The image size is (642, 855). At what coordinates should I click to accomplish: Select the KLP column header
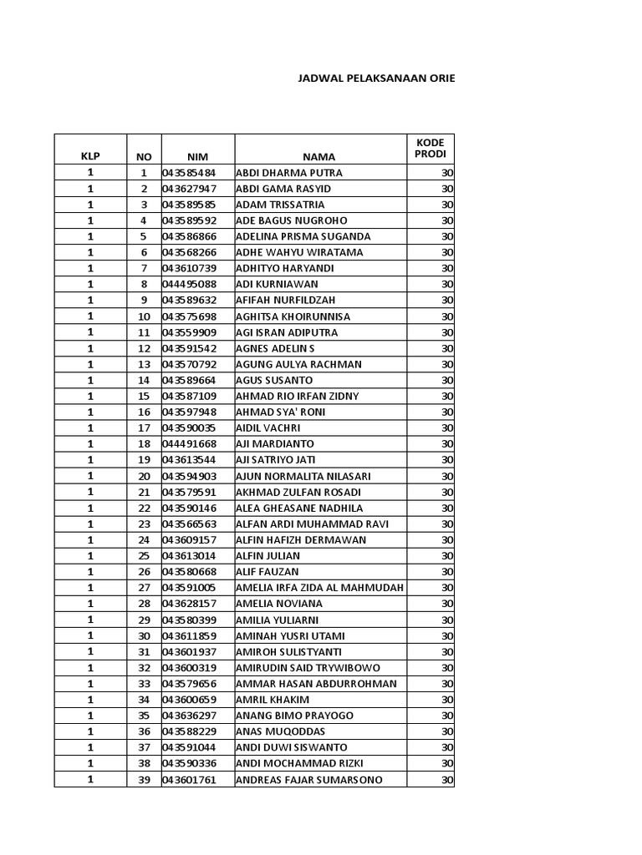tap(89, 156)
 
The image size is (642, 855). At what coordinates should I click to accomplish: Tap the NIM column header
tap(197, 156)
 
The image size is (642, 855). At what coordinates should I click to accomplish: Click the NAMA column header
tap(318, 156)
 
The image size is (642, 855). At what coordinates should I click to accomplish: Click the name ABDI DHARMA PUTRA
tap(289, 173)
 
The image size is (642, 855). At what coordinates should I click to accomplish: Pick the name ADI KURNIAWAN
tap(277, 284)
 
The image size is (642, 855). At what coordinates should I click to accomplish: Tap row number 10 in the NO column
tap(144, 316)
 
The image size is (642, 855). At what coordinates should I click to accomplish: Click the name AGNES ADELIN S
tap(276, 348)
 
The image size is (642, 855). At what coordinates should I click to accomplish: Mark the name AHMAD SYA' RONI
tap(281, 412)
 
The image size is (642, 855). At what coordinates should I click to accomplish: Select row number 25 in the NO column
tap(144, 556)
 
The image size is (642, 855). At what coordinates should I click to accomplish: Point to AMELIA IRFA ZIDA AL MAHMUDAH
tap(320, 588)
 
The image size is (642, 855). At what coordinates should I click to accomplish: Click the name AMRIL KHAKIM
tap(273, 700)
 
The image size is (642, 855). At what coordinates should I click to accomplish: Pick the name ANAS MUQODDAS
tap(281, 731)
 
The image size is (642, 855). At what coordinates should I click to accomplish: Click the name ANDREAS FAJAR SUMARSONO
tap(309, 780)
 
